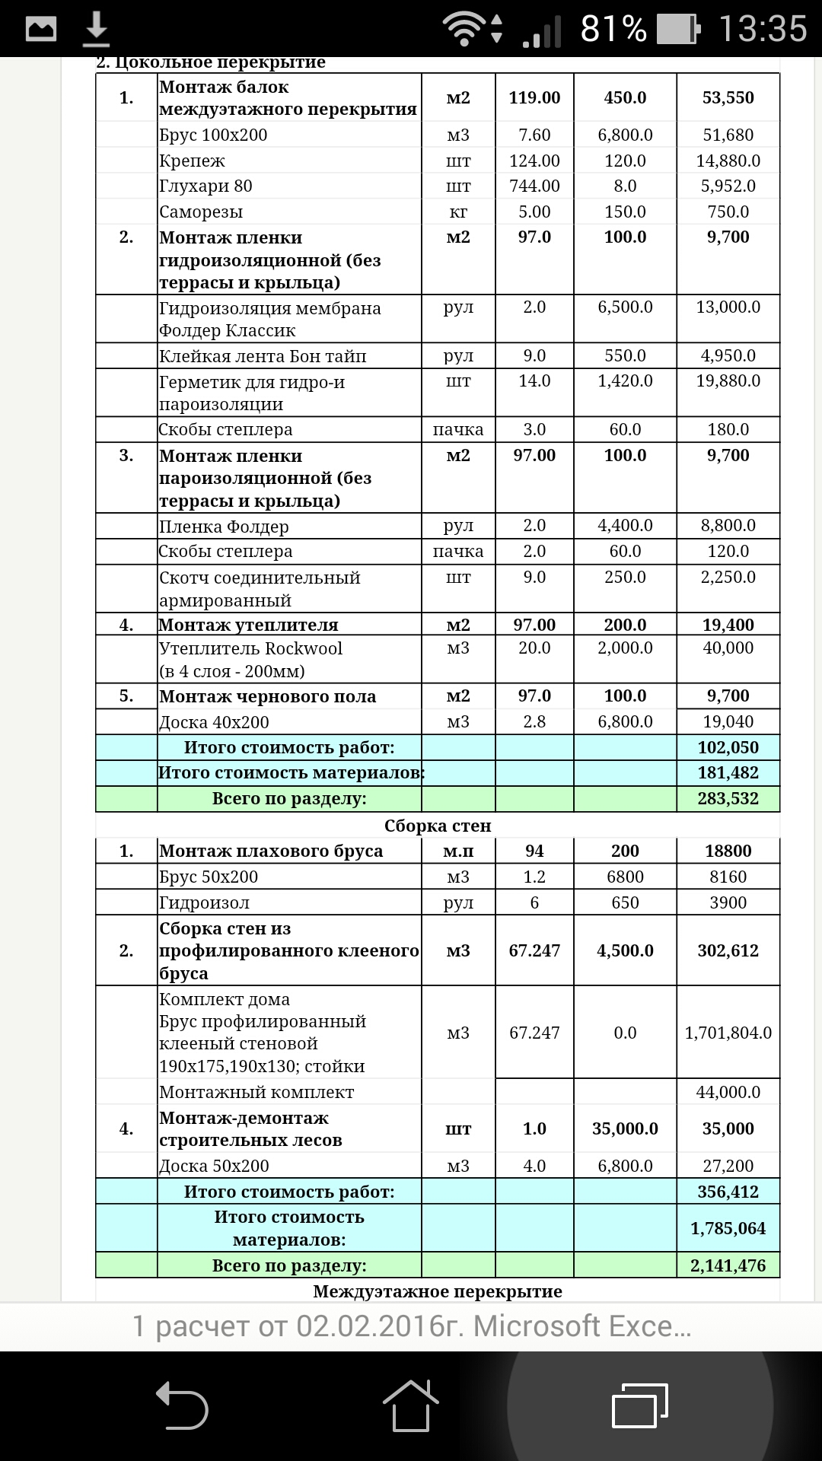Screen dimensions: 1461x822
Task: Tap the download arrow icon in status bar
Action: [96, 29]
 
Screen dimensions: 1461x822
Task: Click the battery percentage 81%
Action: [613, 29]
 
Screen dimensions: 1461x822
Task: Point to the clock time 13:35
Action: [763, 29]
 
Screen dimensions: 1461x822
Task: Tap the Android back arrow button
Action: [182, 1405]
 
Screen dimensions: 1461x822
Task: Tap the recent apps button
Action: [639, 1405]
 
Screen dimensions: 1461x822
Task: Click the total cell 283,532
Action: [728, 799]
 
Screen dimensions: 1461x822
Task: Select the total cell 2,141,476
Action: [728, 1266]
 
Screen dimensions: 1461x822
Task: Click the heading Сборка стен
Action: [438, 826]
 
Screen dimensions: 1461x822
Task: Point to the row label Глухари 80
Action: [205, 186]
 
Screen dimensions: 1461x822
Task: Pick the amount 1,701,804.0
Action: [728, 1033]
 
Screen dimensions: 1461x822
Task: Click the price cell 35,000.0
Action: [625, 1128]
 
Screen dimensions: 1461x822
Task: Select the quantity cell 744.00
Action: [534, 186]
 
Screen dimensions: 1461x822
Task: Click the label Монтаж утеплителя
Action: [248, 625]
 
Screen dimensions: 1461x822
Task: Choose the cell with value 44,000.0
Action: [728, 1092]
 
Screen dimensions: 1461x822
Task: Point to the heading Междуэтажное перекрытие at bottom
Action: [438, 1291]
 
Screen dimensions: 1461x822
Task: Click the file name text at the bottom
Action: [411, 1326]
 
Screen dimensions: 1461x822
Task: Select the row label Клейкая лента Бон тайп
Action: [263, 356]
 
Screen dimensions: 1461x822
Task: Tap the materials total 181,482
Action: [728, 773]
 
